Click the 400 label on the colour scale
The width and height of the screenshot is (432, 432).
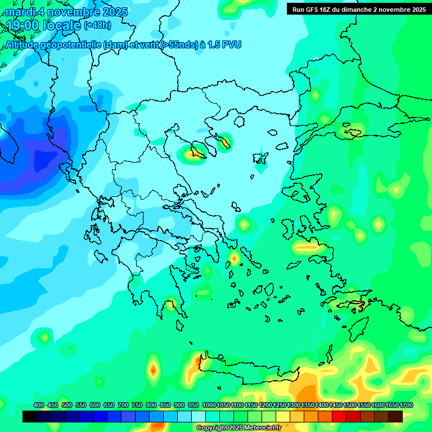[39, 405]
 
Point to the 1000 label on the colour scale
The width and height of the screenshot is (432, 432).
[209, 405]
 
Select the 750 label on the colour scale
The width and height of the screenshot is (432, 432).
[137, 405]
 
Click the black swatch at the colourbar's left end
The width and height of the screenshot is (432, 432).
[30, 416]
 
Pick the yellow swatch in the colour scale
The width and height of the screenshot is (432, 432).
[282, 416]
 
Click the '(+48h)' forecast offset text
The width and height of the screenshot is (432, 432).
[97, 25]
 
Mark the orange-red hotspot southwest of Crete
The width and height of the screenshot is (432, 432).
[152, 370]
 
